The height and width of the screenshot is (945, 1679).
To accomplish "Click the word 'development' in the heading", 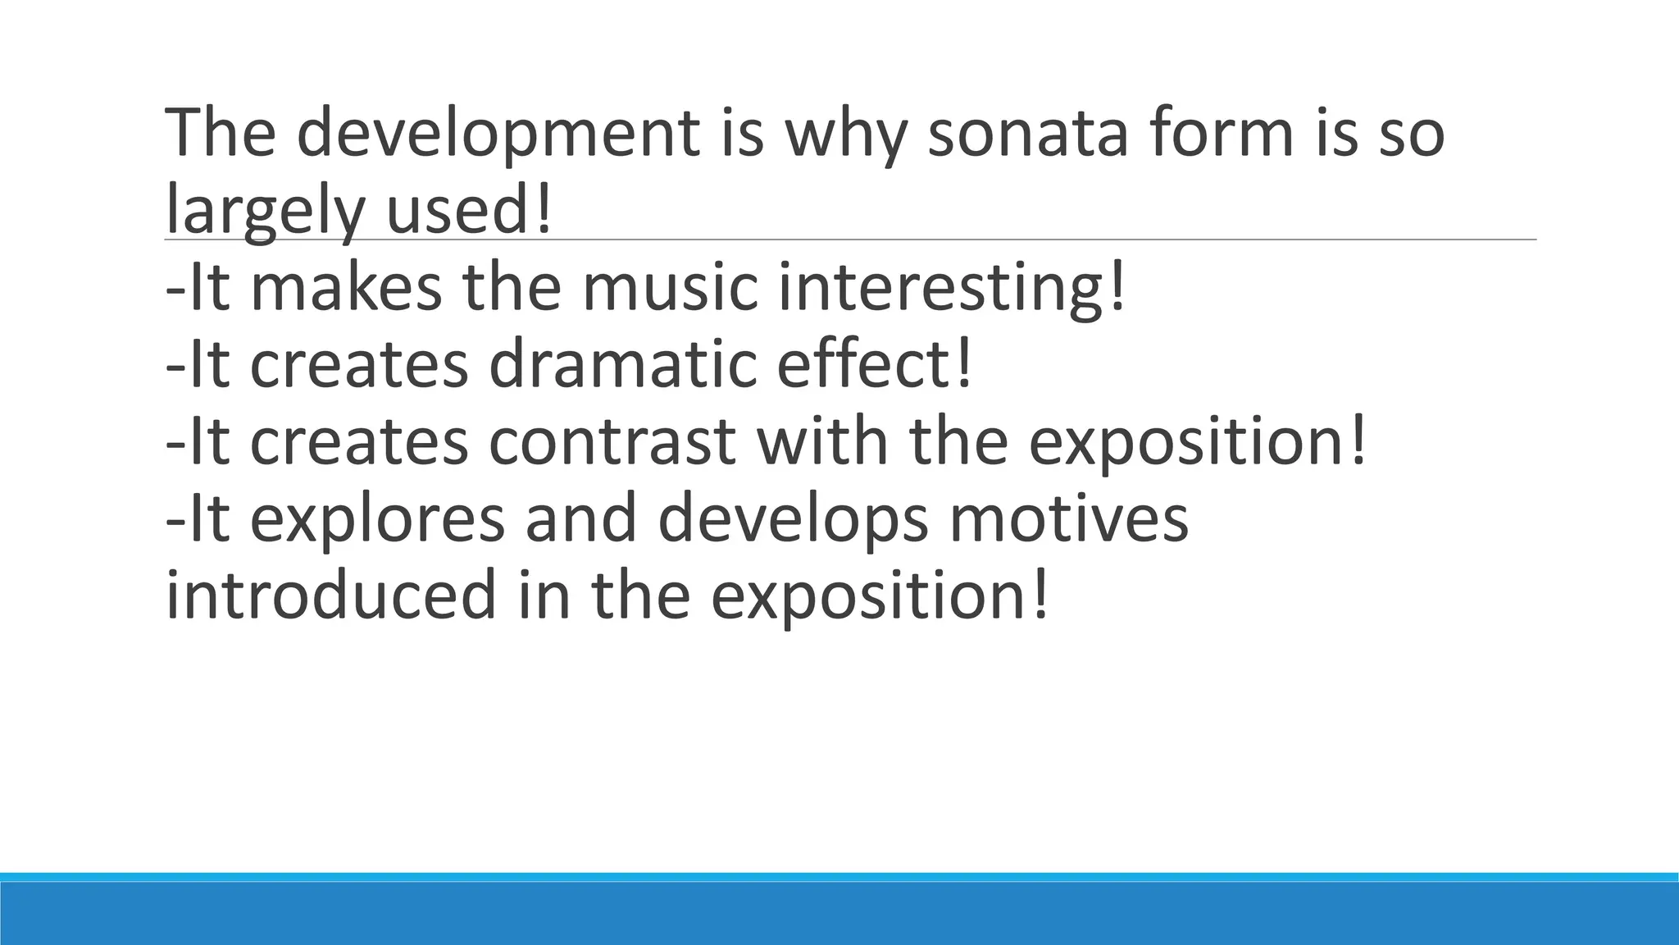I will [x=498, y=133].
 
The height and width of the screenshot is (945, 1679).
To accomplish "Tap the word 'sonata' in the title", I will [x=1028, y=133].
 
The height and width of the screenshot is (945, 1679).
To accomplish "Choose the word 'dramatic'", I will [x=622, y=364].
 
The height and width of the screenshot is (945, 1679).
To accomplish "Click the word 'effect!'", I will [x=874, y=364].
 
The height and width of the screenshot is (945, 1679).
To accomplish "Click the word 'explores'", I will [x=376, y=518].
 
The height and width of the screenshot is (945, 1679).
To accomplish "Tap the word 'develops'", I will [x=793, y=518].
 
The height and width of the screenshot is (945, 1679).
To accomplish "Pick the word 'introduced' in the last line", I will [x=331, y=596].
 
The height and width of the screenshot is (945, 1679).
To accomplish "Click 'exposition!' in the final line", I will [x=880, y=596].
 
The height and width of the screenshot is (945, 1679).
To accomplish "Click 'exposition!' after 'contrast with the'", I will [x=1198, y=441].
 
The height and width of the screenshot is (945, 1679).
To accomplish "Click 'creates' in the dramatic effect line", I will [x=358, y=364].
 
